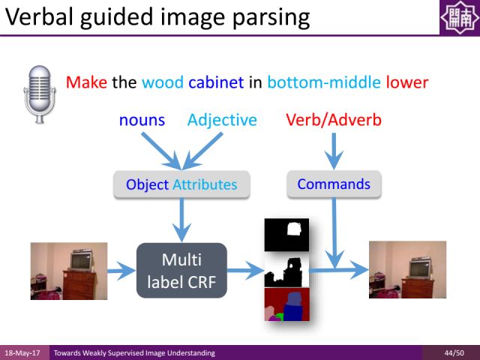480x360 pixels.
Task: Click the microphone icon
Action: pos(40,92)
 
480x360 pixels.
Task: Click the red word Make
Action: pos(86,82)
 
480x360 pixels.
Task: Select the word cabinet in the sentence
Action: pos(216,82)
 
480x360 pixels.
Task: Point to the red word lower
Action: pos(406,82)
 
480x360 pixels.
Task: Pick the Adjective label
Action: pos(222,120)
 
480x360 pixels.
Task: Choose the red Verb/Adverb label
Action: pos(333,120)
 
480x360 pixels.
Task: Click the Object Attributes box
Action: pos(181,184)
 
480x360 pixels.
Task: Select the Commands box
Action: pos(334,184)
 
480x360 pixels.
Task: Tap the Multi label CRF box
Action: pos(181,270)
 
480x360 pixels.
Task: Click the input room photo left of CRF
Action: pos(68,271)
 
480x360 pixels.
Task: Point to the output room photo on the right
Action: pos(408,269)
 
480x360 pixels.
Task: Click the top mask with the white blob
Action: pos(286,234)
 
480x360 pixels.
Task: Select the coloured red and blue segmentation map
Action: pos(286,305)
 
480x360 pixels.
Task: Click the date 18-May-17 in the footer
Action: pos(23,352)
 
